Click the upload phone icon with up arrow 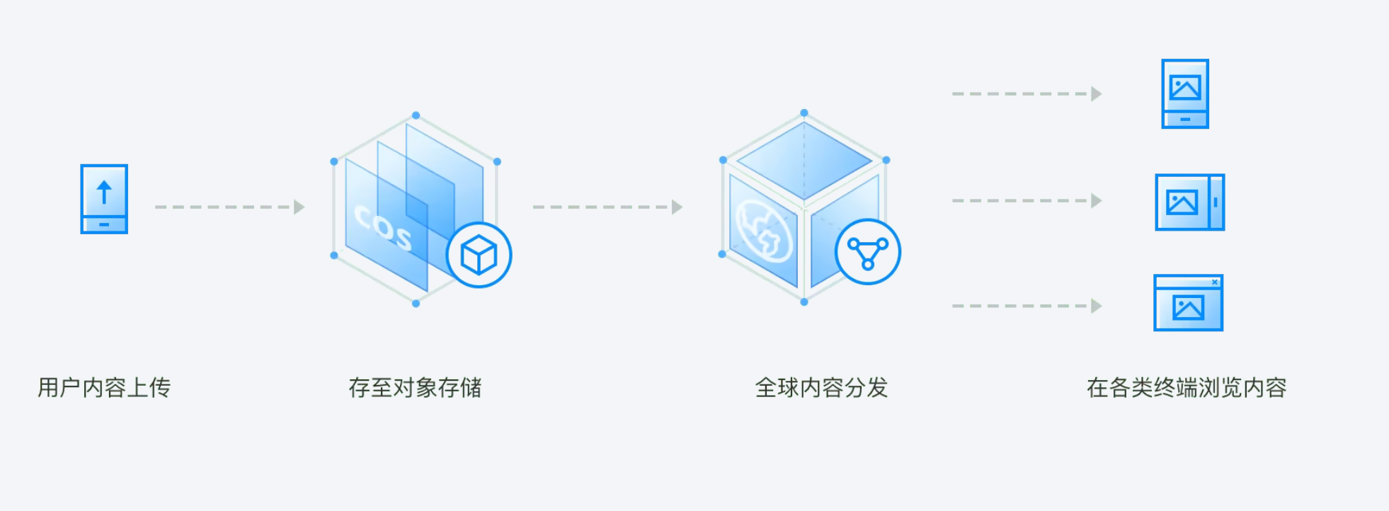click(x=104, y=199)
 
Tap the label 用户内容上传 click(x=104, y=388)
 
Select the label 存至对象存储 click(x=415, y=388)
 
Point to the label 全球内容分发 click(x=821, y=388)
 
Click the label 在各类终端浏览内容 click(x=1187, y=388)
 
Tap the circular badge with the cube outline click(x=479, y=255)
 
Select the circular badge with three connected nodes click(x=867, y=252)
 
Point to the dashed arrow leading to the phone click(x=1027, y=93)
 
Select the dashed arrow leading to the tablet click(x=1027, y=201)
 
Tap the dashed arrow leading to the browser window click(x=1027, y=306)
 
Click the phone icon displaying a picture click(x=1185, y=93)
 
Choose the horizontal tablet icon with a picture click(x=1189, y=202)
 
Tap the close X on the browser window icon click(x=1215, y=282)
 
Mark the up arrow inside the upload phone click(x=104, y=192)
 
